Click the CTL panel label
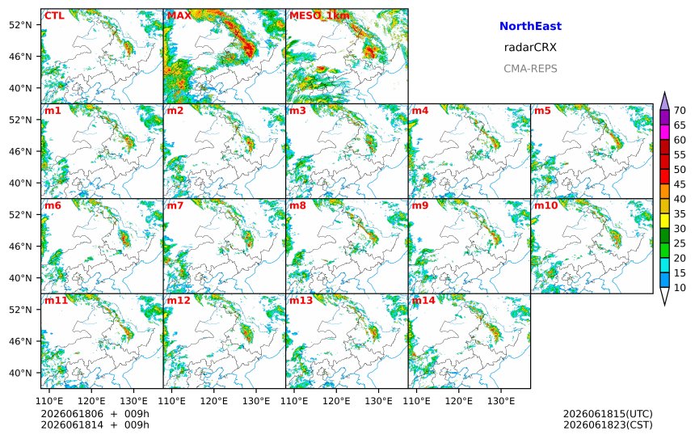tap(54, 15)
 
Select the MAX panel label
tap(179, 15)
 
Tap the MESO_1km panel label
tap(319, 16)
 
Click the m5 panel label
tap(542, 111)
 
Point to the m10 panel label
tap(545, 205)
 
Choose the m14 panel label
tap(423, 300)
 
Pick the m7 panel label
tap(175, 205)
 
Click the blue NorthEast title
tap(530, 26)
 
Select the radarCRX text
tap(530, 48)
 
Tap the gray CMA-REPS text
tap(530, 69)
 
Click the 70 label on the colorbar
tap(680, 111)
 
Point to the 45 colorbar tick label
tap(680, 184)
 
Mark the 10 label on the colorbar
tap(680, 288)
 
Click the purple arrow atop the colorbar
tap(664, 101)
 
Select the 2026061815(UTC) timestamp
tap(608, 414)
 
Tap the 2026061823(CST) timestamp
tap(608, 424)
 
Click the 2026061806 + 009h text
tap(95, 414)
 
